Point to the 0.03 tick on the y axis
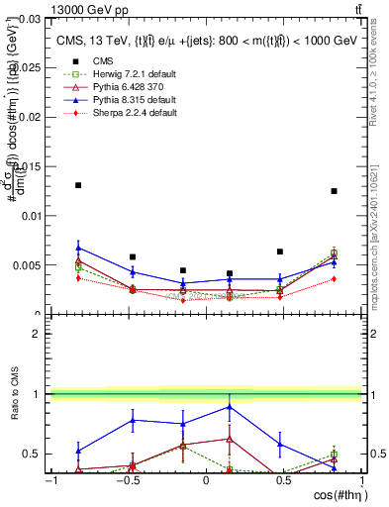(32, 18)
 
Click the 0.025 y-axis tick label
(29, 67)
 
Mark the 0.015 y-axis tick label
(29, 166)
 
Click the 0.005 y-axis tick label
(29, 265)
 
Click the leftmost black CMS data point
(78, 185)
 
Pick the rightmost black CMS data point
(334, 191)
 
